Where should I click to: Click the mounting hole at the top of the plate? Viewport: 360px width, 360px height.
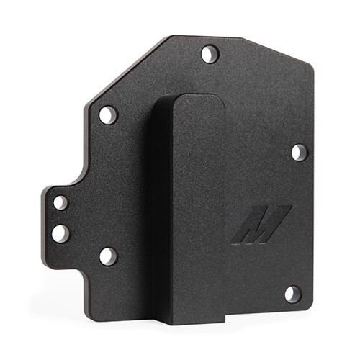pyautogui.click(x=210, y=53)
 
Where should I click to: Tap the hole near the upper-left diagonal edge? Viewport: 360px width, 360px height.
pyautogui.click(x=108, y=114)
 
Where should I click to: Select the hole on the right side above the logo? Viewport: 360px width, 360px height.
pyautogui.click(x=300, y=153)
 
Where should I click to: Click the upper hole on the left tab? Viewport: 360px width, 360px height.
pyautogui.click(x=61, y=202)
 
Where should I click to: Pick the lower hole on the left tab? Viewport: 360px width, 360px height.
pyautogui.click(x=60, y=233)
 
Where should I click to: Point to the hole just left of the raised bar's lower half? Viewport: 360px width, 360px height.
pyautogui.click(x=108, y=256)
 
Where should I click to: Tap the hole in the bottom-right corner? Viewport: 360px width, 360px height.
pyautogui.click(x=292, y=294)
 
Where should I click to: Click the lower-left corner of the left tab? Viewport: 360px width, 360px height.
pyautogui.click(x=45, y=264)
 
